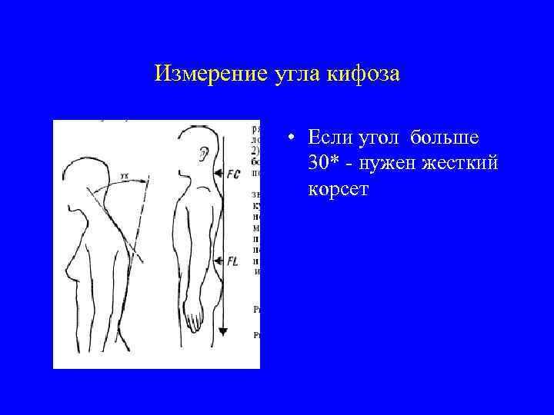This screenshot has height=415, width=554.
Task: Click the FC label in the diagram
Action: [x=233, y=174]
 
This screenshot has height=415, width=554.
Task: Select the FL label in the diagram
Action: [x=232, y=262]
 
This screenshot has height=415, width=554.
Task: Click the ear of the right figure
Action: [x=203, y=154]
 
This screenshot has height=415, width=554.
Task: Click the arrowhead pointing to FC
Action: [x=218, y=174]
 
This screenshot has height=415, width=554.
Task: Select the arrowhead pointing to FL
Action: [x=217, y=261]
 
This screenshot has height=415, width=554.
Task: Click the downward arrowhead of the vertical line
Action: [x=223, y=330]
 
